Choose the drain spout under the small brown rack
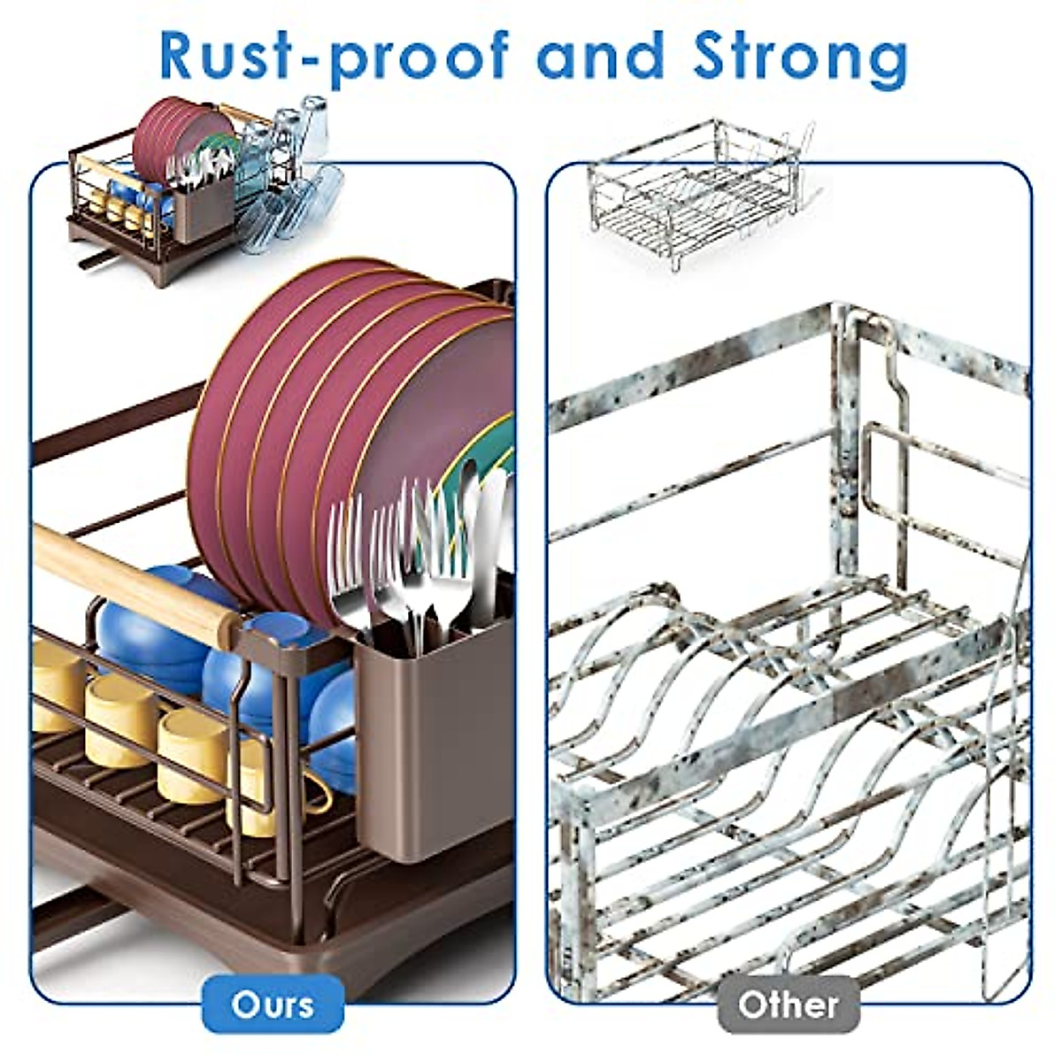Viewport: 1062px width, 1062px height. pyautogui.click(x=96, y=260)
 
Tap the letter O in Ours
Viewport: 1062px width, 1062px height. pyautogui.click(x=246, y=1004)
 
